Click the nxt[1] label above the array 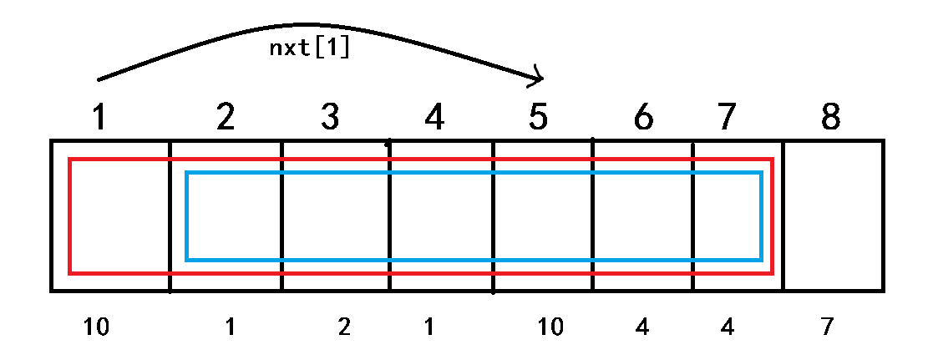pos(309,48)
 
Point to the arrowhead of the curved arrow pos(540,79)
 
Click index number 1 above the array pos(99,118)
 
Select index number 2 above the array pos(225,118)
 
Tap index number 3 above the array pos(330,118)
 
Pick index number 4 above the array pos(434,118)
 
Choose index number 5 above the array pos(539,118)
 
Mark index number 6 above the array pos(642,118)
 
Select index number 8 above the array pos(830,118)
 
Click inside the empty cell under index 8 pos(833,215)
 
